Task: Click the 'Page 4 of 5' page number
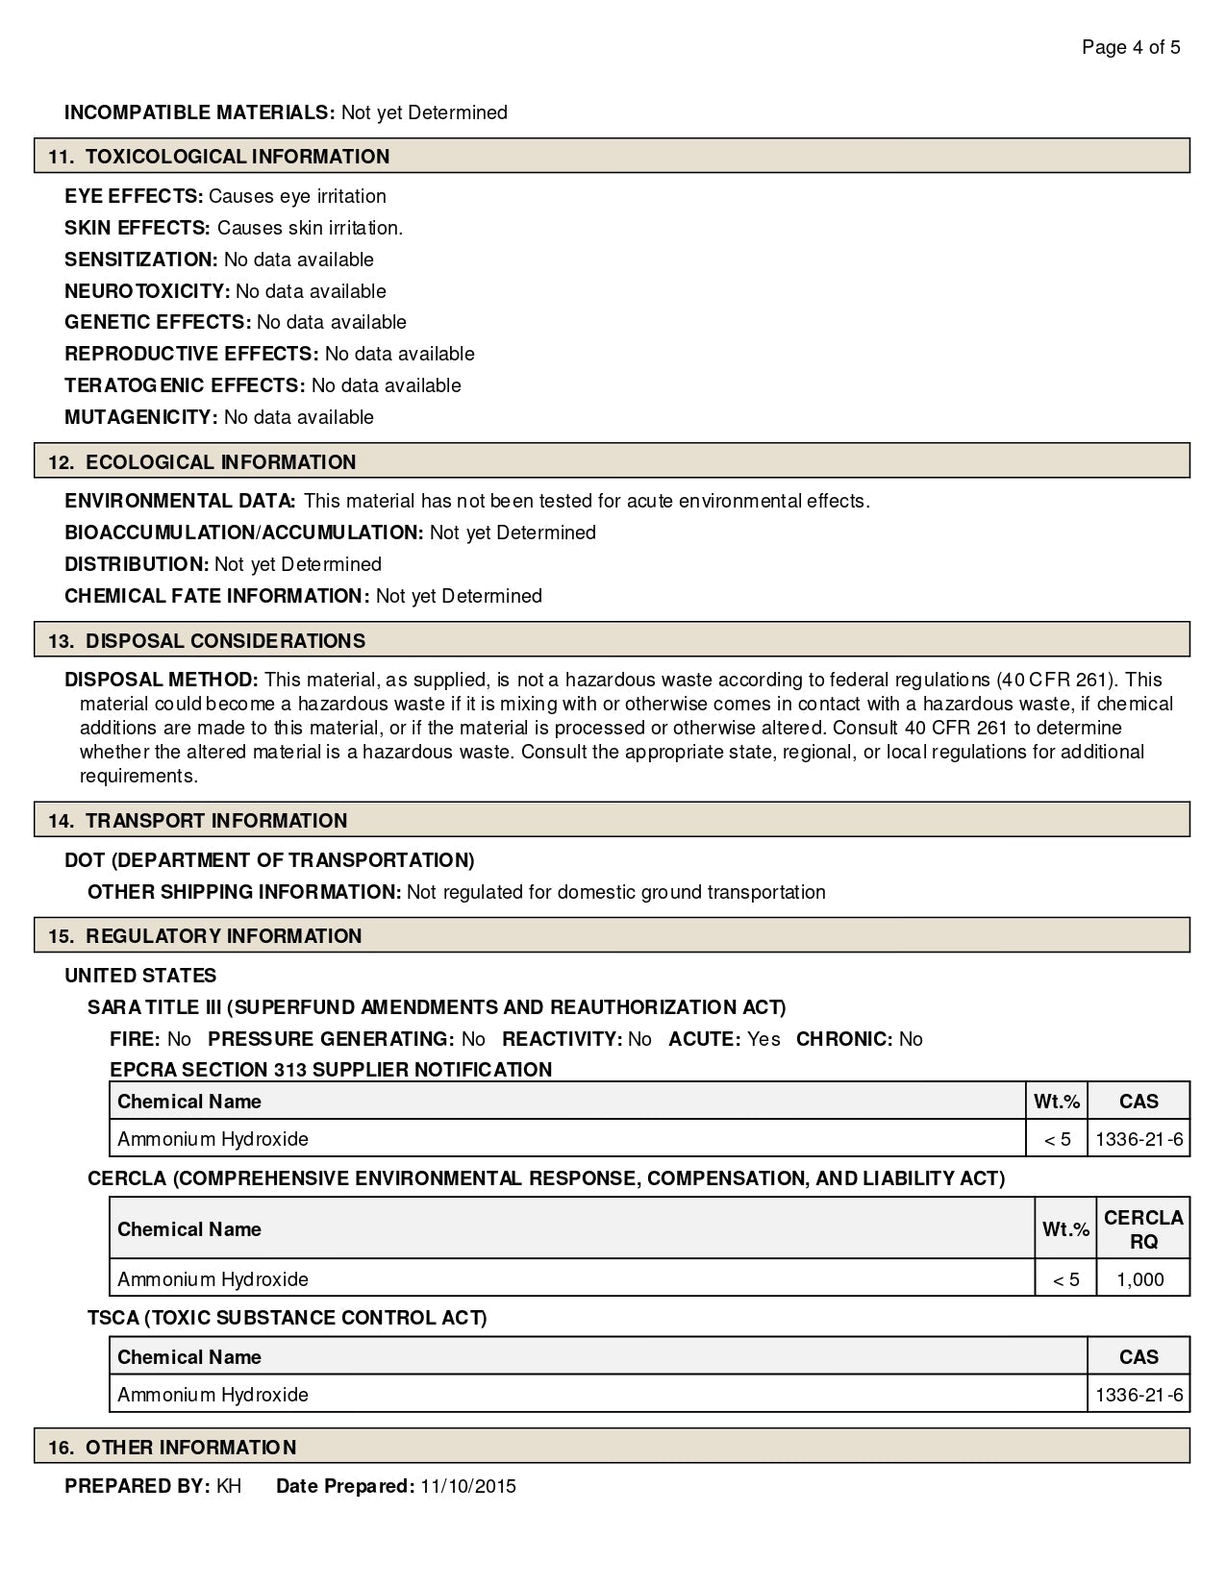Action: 1131,47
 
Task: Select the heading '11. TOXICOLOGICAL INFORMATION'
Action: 219,157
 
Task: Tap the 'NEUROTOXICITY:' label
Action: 147,291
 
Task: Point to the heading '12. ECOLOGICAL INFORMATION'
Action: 202,462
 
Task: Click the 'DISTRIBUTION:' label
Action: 137,564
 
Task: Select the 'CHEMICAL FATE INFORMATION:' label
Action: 217,596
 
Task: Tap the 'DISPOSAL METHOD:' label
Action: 162,680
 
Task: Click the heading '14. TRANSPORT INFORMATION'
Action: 197,821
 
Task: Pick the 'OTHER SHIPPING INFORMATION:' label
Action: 244,892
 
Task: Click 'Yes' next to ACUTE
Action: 763,1039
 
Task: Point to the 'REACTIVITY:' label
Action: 563,1039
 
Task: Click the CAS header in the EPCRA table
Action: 1139,1102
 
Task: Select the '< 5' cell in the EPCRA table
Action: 1057,1139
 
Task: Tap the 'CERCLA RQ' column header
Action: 1143,1229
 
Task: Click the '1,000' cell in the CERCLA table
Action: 1141,1279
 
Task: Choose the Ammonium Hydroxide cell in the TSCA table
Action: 213,1395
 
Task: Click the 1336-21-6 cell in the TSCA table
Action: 1139,1395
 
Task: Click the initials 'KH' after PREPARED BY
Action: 229,1487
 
